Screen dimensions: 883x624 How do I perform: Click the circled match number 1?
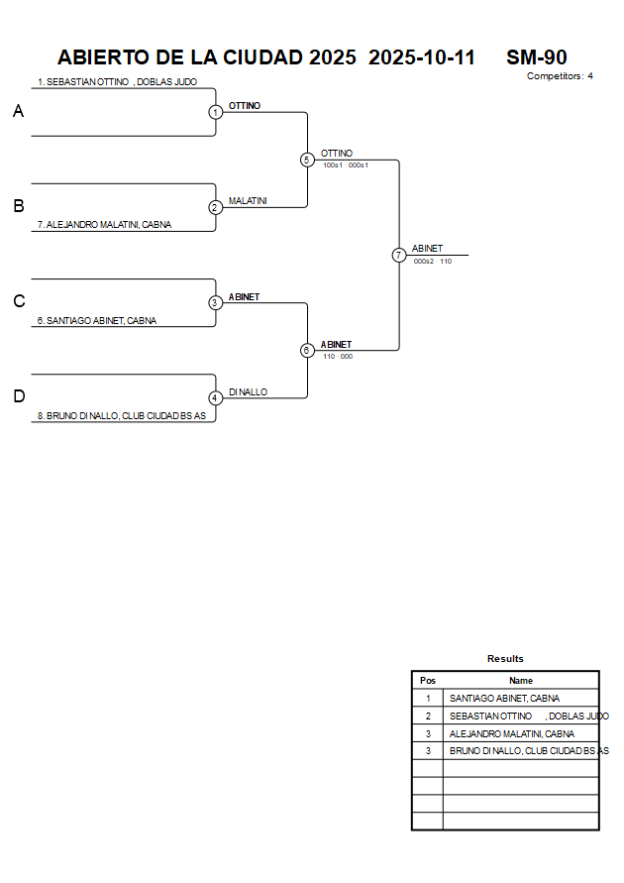tap(215, 112)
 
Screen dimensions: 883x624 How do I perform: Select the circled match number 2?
tap(215, 207)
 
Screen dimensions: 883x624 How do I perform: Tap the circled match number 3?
tap(215, 302)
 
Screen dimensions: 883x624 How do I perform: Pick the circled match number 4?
tap(215, 397)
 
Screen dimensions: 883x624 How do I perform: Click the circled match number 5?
tap(307, 160)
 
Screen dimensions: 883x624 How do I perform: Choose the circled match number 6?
tap(307, 350)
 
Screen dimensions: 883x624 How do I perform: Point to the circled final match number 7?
tap(398, 255)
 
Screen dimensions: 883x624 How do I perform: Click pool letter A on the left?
tap(18, 112)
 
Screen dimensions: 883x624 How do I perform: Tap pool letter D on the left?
tap(18, 396)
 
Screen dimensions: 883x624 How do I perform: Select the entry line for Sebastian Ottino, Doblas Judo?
tap(117, 82)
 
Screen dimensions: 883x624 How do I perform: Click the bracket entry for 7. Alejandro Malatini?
tap(104, 225)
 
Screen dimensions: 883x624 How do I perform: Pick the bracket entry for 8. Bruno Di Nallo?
tap(121, 416)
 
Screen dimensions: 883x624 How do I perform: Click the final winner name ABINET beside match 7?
tap(427, 249)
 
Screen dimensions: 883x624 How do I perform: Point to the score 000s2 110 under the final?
tap(433, 262)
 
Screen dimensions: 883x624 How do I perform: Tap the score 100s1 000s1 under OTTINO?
tap(346, 166)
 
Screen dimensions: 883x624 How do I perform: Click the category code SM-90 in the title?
tap(536, 57)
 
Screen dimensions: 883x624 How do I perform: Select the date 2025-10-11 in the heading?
tap(422, 57)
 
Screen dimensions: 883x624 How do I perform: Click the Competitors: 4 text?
tap(560, 76)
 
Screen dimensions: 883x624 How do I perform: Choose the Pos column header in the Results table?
tap(428, 681)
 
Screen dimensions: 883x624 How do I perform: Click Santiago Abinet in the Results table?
tap(504, 699)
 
